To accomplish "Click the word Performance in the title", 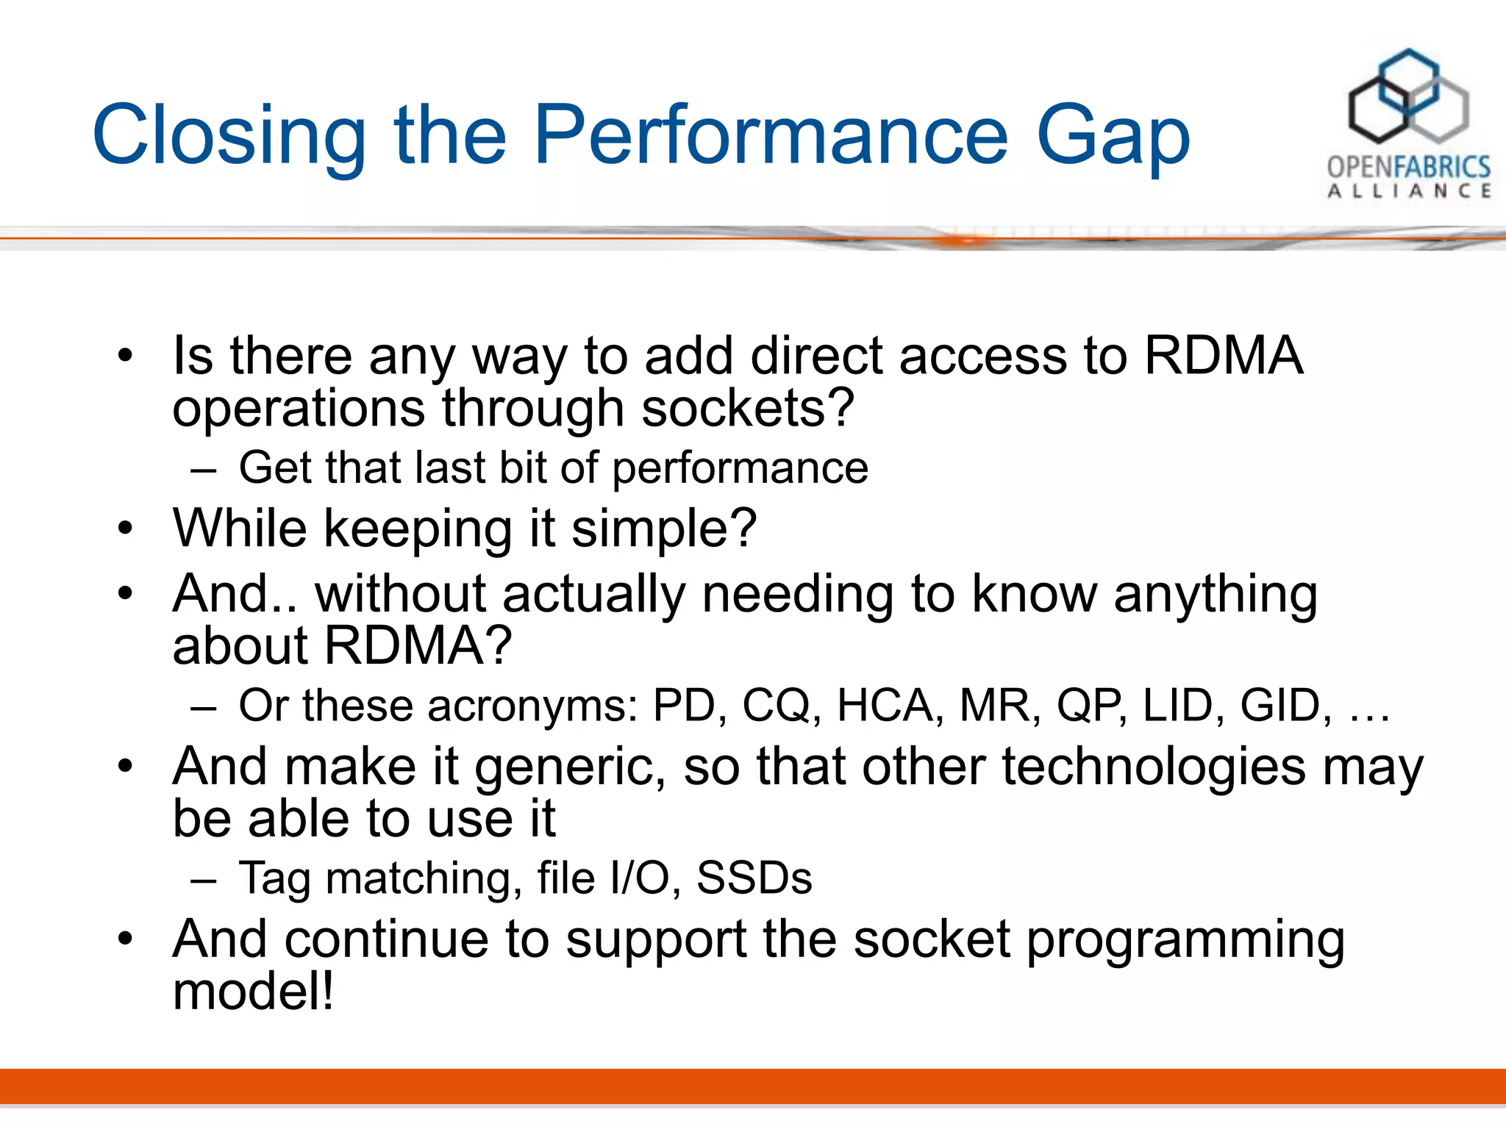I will (770, 136).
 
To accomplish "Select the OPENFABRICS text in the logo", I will (1408, 166).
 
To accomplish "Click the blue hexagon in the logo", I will (1407, 81).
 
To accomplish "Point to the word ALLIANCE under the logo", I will (1408, 191).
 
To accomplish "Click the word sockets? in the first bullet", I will (747, 408).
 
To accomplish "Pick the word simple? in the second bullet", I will (663, 529).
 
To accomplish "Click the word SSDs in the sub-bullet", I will (754, 878).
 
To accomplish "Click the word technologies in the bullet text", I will (1154, 767).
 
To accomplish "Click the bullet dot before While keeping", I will (126, 528).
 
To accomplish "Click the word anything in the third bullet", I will (1215, 595).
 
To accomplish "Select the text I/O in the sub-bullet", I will (638, 878).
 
